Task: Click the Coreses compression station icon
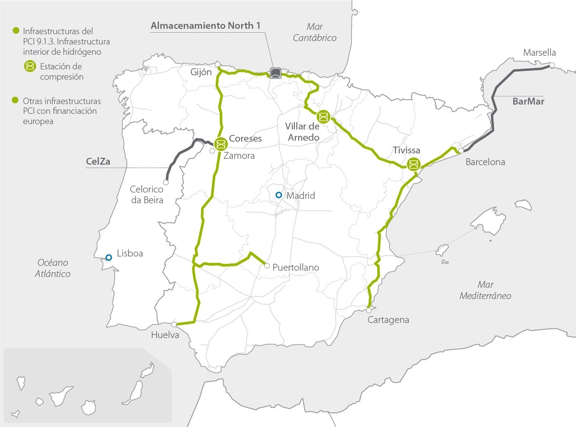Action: tap(221, 144)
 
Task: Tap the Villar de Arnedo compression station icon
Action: tap(323, 117)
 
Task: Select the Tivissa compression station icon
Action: tap(413, 164)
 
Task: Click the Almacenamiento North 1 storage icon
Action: tap(276, 73)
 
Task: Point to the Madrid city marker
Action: tap(278, 195)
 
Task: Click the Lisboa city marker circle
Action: tap(108, 257)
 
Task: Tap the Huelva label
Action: tap(165, 335)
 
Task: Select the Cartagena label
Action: tap(388, 320)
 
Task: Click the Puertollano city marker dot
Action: tap(267, 266)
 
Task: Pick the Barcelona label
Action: tap(485, 162)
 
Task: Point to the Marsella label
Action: tap(539, 52)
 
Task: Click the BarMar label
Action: tap(528, 102)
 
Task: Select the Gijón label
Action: tap(201, 71)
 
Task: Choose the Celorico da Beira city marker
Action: tap(166, 182)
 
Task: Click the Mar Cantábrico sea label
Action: tap(315, 32)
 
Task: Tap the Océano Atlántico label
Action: tap(52, 268)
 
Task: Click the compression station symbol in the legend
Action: tap(30, 66)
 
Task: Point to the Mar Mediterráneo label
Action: tap(485, 290)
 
